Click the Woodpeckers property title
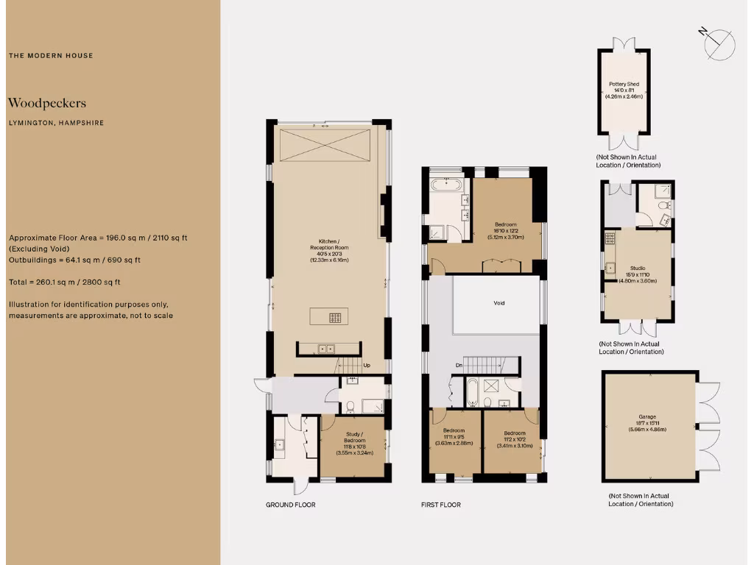coord(47,103)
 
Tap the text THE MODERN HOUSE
coord(51,55)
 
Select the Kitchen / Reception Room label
coord(328,250)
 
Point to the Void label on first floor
coord(499,302)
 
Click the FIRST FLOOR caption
coord(441,505)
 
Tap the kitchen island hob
coord(335,318)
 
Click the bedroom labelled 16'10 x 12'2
coord(505,231)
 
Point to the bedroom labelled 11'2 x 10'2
coord(514,439)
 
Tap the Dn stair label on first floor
coord(459,365)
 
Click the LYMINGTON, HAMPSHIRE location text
coord(56,123)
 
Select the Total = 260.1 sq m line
coord(65,282)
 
